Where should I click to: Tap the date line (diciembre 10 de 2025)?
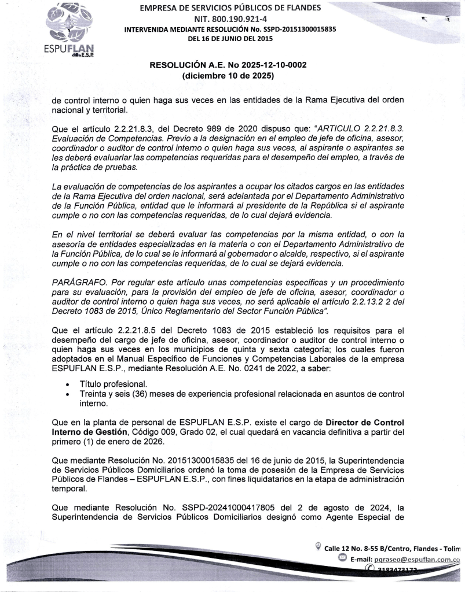[228, 75]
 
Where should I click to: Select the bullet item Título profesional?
[108, 384]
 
